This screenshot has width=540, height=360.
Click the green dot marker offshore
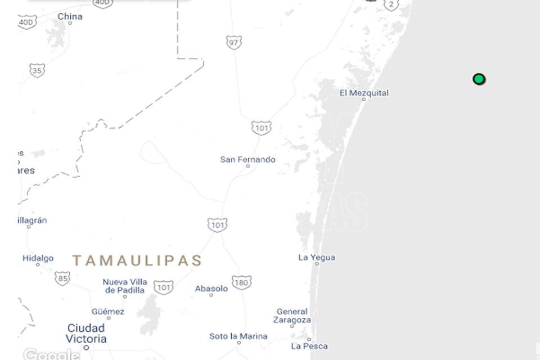pos(479,79)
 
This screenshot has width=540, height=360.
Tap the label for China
pos(70,17)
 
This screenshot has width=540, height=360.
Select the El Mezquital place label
pos(364,93)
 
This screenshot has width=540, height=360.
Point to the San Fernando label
pos(247,160)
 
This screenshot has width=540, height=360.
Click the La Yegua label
pos(317,258)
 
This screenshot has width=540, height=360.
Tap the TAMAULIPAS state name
pos(137,260)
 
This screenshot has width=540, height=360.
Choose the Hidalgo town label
pos(38,259)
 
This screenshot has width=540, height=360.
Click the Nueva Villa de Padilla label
pos(125,286)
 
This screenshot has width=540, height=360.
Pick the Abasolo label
pos(211,289)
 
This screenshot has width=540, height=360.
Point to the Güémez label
pos(108,312)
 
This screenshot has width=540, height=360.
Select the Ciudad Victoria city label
pos(86,333)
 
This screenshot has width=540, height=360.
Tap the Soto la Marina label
pos(238,336)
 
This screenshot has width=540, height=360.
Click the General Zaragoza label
pos(292,316)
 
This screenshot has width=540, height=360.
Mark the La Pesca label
pos(309,346)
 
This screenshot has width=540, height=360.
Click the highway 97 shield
pos(234,42)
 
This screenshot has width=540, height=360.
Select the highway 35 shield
pos(37,70)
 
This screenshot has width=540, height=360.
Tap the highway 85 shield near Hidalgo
pos(62,278)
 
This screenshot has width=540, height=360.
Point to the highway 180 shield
pos(241,282)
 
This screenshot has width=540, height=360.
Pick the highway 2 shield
pos(391,4)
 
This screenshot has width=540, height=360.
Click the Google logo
pos(51,354)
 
